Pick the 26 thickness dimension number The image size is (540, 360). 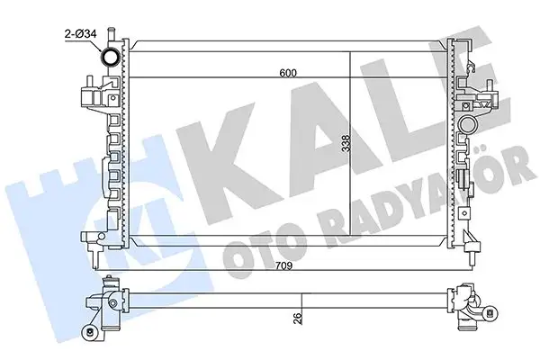point(298,317)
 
